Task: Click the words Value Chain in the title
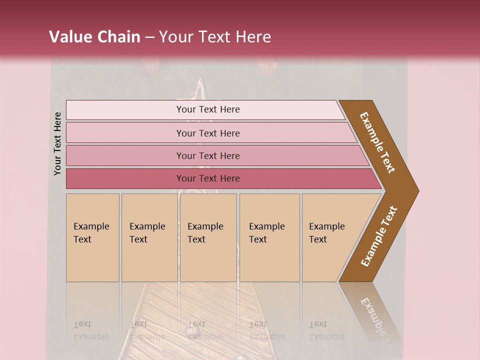[x=94, y=37]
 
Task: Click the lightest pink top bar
[x=125, y=110]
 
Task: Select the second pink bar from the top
[x=125, y=133]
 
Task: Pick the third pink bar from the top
[x=125, y=156]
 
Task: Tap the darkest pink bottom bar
[x=125, y=178]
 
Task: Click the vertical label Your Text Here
[x=57, y=143]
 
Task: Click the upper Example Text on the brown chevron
[x=377, y=142]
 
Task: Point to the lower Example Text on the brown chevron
[x=379, y=236]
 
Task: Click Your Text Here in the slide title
[x=215, y=37]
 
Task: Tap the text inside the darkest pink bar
[x=208, y=178]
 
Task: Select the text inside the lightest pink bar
[x=208, y=109]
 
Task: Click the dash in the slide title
[x=149, y=37]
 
